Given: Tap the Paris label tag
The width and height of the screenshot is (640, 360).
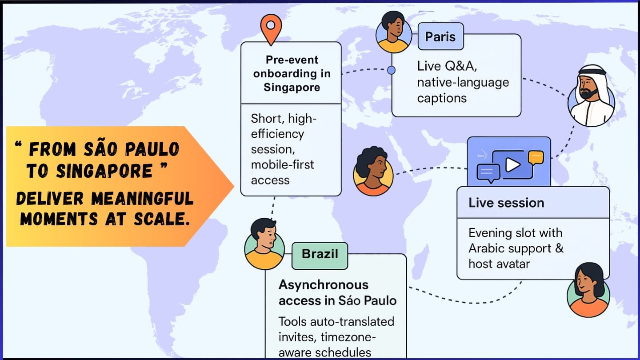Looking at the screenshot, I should tap(440, 36).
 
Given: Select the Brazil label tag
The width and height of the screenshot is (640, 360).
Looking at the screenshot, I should tap(320, 255).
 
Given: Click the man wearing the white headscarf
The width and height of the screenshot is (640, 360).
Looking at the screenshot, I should tap(591, 96).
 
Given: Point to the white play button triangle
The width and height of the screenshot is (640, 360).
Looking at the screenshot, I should tap(512, 165).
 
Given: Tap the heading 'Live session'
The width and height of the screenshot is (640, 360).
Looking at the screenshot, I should tap(506, 203).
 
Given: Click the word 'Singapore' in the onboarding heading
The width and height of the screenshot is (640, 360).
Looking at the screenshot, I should tap(292, 88).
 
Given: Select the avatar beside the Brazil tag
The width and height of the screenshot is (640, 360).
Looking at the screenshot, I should tap(264, 244).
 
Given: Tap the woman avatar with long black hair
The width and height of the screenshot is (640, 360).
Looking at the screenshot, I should tap(588, 290).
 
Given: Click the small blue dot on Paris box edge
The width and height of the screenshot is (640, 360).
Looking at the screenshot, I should tap(391, 70).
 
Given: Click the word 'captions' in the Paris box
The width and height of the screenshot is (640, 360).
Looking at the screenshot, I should tap(441, 98).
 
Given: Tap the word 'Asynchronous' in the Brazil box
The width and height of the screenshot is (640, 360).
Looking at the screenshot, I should tap(317, 284).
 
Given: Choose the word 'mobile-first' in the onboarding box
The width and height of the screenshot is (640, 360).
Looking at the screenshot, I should tap(282, 164).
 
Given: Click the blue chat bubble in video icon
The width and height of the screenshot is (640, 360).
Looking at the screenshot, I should tap(488, 172).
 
